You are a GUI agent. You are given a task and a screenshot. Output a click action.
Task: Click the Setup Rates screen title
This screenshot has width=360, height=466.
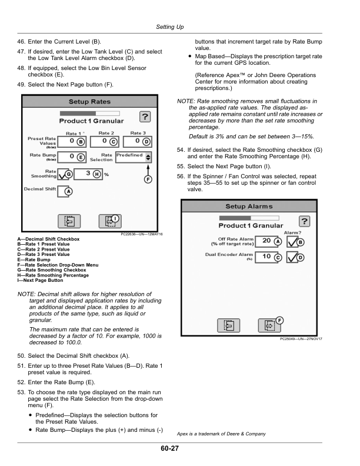(x=89, y=102)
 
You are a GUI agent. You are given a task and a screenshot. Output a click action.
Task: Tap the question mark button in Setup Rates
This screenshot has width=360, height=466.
(x=144, y=116)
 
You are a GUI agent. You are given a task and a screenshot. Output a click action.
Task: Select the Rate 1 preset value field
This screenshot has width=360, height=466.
(x=71, y=142)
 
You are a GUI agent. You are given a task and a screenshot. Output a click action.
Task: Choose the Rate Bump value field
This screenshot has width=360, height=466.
(x=71, y=157)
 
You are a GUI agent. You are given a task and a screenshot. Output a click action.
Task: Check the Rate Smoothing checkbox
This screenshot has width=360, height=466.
(x=61, y=175)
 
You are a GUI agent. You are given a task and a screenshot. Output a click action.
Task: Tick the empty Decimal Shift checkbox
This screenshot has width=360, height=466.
(x=64, y=192)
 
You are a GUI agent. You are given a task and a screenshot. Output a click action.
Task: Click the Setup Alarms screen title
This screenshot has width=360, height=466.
(x=249, y=207)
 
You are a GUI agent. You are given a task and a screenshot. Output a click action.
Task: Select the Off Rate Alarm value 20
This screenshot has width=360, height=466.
(x=266, y=241)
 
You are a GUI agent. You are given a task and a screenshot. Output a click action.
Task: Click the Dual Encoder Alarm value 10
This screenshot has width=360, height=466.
(x=266, y=257)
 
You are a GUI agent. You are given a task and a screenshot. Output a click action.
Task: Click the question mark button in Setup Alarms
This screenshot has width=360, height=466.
(x=304, y=221)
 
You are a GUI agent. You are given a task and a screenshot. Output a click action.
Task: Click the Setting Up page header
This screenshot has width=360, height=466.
(x=170, y=27)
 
